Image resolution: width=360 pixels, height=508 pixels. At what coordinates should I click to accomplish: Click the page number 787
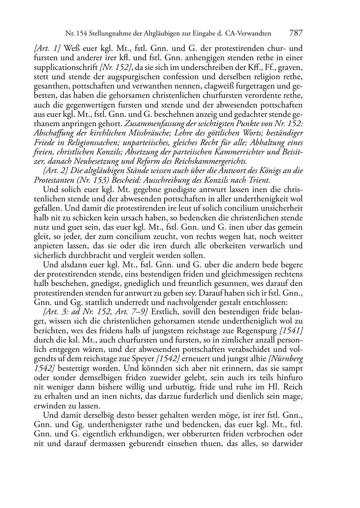coord(296,33)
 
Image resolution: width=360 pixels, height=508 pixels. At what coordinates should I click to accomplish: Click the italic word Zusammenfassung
coord(153,124)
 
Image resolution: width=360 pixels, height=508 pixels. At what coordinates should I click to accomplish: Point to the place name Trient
coord(260,180)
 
